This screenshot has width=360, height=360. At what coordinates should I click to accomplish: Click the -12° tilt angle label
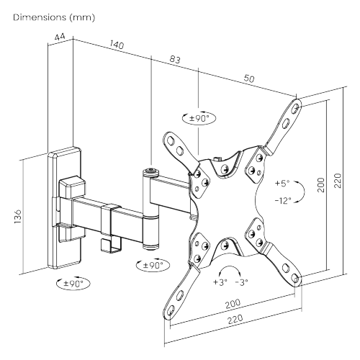284,201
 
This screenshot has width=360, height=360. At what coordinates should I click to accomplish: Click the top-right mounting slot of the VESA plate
294,110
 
